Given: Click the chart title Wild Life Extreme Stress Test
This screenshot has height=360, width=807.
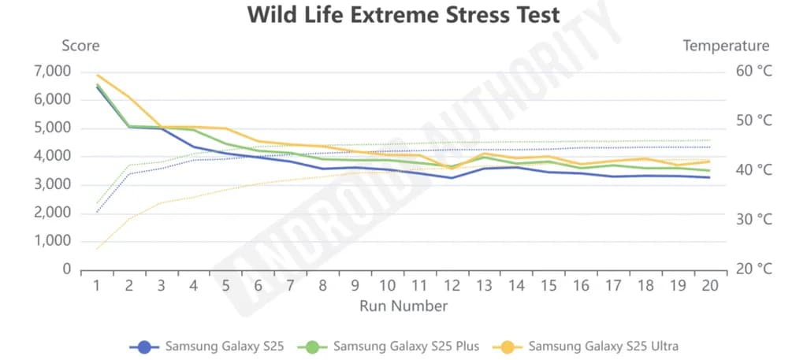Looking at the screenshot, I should [403, 15].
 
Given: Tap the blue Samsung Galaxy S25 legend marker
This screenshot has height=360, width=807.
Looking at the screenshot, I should [144, 346].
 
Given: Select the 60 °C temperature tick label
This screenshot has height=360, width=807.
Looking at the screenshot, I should [753, 71].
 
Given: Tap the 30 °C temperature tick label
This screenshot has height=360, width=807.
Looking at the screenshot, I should [753, 219].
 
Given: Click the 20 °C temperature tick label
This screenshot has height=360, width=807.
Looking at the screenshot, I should [753, 269].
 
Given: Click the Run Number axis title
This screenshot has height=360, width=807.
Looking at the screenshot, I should [403, 306].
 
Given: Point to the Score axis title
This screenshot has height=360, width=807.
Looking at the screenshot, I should [80, 46].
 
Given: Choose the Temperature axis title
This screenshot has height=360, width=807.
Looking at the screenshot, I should [726, 46].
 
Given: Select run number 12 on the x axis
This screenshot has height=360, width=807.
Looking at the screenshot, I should [452, 285].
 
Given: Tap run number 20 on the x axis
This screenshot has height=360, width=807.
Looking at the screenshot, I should [710, 285].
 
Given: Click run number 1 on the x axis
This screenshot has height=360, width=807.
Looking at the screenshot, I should [97, 285].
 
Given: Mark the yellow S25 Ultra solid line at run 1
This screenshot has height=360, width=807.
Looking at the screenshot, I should [97, 75].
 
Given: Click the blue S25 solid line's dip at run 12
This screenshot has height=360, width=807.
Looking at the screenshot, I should [452, 178].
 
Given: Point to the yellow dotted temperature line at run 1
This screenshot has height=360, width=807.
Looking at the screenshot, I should [97, 249].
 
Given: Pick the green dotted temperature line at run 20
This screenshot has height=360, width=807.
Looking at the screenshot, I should [710, 140].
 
